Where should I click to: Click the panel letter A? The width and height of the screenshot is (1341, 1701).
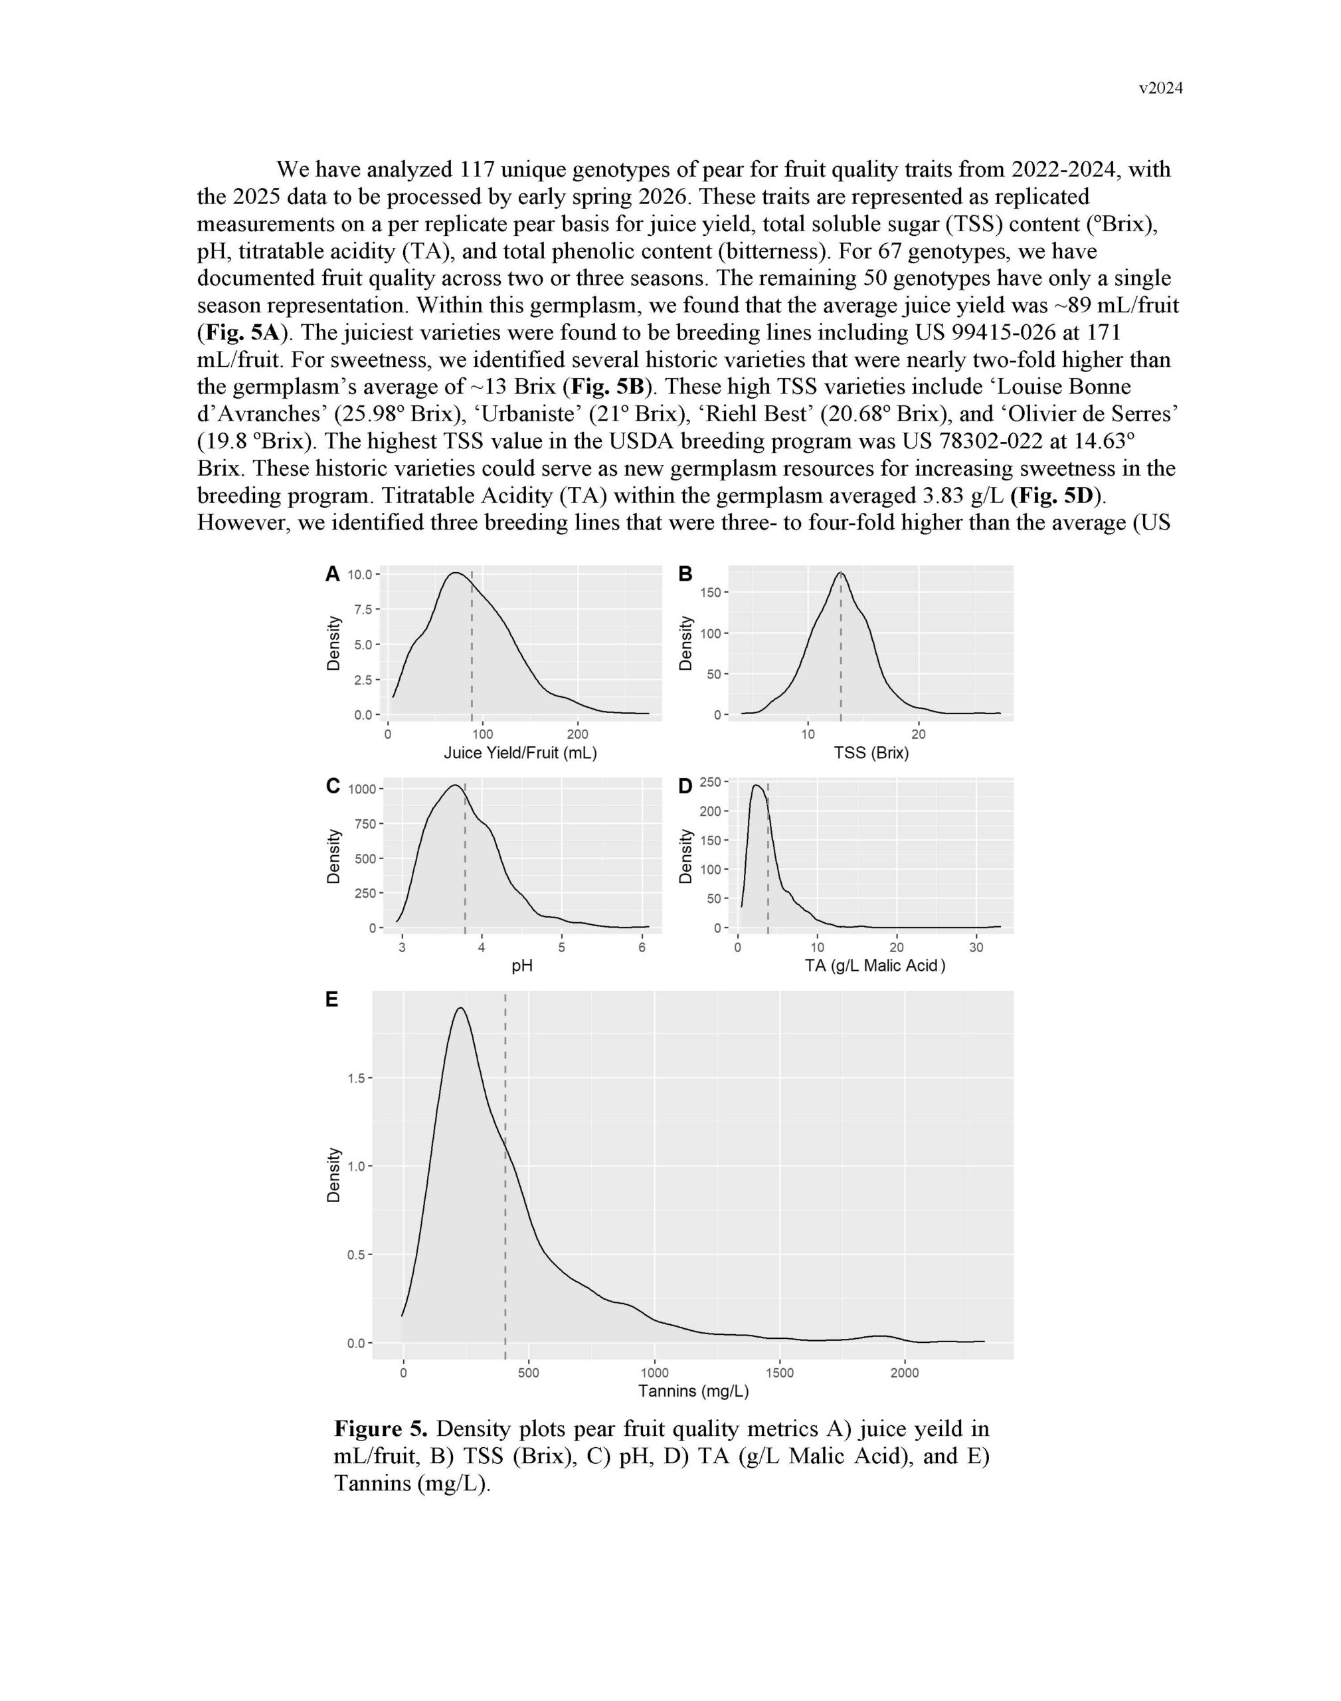click(x=332, y=574)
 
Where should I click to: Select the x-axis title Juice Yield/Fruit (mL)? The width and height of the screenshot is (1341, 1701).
click(x=521, y=753)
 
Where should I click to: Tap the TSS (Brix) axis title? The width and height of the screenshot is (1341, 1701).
click(x=871, y=753)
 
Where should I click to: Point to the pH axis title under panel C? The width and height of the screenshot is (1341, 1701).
click(x=522, y=966)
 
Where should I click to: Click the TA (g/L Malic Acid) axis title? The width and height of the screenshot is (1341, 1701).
click(x=875, y=966)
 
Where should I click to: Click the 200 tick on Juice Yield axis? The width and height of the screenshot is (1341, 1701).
click(x=578, y=734)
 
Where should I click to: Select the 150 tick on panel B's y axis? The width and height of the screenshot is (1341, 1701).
click(x=711, y=592)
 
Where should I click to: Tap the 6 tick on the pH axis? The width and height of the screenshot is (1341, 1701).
click(x=642, y=947)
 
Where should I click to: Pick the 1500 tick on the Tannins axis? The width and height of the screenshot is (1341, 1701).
click(x=779, y=1373)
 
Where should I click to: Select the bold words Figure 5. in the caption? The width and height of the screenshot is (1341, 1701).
click(x=380, y=1429)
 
